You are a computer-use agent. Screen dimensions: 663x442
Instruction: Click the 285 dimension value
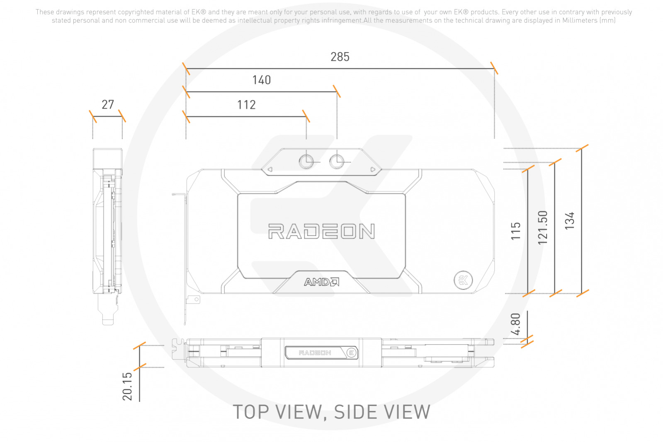point(340,57)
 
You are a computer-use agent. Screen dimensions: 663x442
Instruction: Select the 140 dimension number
point(261,80)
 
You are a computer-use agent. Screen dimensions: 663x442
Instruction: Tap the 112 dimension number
point(246,105)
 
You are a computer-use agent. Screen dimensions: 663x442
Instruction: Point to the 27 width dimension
point(108,105)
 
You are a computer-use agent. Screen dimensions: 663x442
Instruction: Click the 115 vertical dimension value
point(516,231)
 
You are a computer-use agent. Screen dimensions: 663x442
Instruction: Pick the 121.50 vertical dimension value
point(542,228)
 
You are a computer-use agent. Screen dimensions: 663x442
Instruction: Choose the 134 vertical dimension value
point(569,220)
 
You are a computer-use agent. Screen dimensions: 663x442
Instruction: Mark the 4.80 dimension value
point(515,324)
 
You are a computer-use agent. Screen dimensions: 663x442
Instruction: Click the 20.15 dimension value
point(127,386)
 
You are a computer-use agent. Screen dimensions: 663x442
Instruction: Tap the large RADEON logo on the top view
point(321,231)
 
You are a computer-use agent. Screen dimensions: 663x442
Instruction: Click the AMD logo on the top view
point(321,282)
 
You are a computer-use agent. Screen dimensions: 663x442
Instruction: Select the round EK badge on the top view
point(463,280)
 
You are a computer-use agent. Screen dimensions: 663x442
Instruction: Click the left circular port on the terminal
point(306,162)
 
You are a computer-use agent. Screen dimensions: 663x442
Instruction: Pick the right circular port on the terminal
point(337,162)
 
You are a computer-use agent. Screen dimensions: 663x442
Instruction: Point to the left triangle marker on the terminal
point(270,169)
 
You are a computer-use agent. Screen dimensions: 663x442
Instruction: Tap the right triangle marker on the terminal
point(373,169)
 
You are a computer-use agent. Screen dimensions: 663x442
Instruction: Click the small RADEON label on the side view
point(315,353)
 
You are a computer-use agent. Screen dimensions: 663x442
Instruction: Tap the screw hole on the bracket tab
point(196,299)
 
